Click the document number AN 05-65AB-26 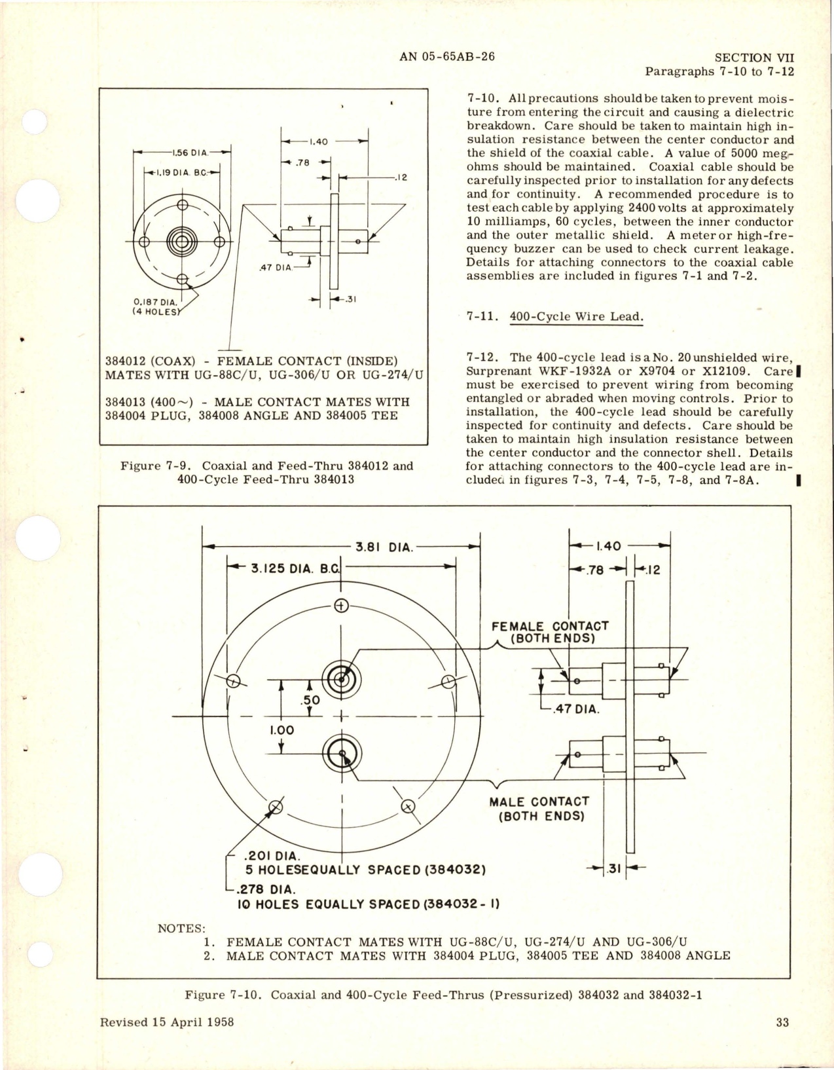[446, 56]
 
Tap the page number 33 [782, 1022]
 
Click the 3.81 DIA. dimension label [384, 547]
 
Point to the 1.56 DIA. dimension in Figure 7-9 [189, 153]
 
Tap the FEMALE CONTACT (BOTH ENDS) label [550, 632]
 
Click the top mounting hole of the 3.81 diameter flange [340, 605]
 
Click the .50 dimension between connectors [310, 701]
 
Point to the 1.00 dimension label [281, 730]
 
